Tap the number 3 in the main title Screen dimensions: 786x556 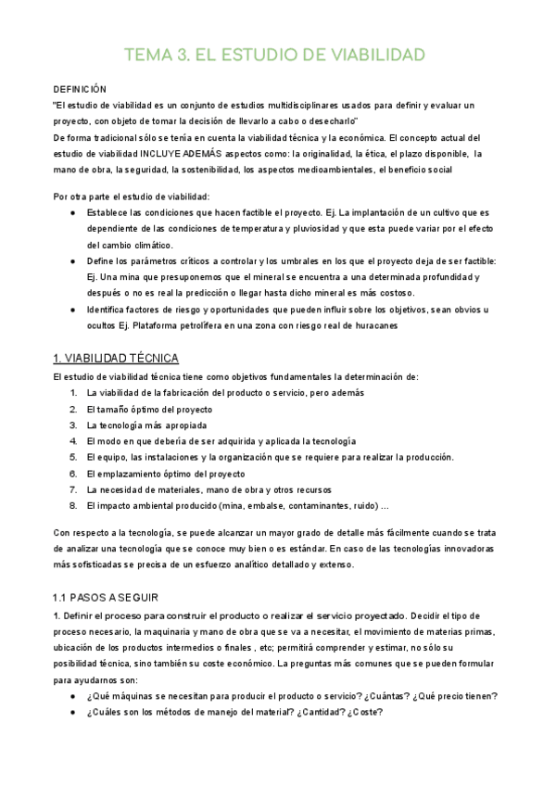[x=190, y=55]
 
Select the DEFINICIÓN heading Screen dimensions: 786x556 [x=81, y=89]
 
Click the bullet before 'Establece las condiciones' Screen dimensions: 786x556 [x=72, y=212]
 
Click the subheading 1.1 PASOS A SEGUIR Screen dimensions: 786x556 [x=107, y=598]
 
